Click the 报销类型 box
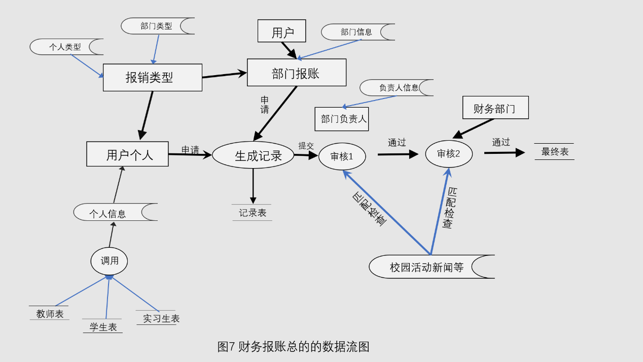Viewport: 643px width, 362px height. click(152, 78)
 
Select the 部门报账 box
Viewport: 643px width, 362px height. click(297, 73)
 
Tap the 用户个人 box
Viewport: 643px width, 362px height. click(127, 154)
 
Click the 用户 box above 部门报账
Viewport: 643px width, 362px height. click(281, 31)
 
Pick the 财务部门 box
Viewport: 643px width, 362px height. click(495, 108)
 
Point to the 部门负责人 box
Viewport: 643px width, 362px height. click(341, 119)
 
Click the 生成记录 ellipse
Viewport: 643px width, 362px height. click(253, 155)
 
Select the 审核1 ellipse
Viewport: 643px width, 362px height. click(342, 156)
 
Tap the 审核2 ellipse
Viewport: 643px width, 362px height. click(448, 154)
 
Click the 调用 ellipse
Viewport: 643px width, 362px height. click(109, 261)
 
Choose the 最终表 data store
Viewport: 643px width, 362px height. click(554, 152)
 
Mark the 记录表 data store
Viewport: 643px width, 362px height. click(252, 213)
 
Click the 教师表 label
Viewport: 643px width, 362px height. click(50, 314)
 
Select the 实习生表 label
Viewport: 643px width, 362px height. click(160, 318)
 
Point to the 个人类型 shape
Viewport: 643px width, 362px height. click(65, 47)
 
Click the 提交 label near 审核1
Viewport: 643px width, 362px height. click(306, 146)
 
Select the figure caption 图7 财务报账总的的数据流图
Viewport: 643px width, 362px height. click(293, 347)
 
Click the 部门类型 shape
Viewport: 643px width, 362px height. click(157, 26)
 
